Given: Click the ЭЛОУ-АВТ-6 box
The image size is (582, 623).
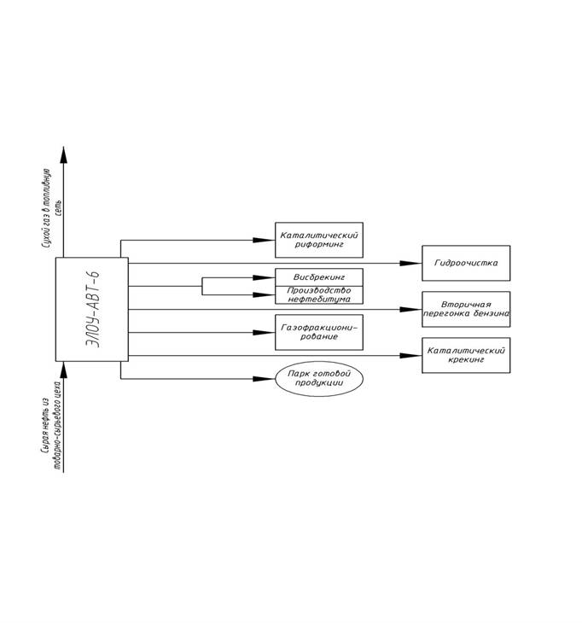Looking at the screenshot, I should pos(91,309).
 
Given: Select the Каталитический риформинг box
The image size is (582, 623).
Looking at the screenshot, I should pos(319,240).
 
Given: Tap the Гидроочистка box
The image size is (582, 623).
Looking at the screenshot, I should pos(465,263).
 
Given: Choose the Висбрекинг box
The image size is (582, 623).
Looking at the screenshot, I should pos(319,277).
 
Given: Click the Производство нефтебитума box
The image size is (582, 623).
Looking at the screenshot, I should pos(319,294).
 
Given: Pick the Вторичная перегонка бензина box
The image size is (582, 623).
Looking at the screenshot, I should pos(465,309).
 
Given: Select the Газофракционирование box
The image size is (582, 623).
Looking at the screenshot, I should pos(319,332).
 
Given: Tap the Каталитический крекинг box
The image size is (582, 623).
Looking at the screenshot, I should pos(465,355).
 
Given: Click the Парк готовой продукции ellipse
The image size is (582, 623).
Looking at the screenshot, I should pos(319,379).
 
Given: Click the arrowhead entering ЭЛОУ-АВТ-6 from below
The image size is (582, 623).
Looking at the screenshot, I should pos(62,368).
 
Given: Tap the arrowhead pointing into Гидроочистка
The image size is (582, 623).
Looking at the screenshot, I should pos(416,263).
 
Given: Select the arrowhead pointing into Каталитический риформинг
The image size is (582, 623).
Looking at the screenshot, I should pos(270,240).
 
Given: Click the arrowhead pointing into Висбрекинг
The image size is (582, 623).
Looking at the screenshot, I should pos(270,277).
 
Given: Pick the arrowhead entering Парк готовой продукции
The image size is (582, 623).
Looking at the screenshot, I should pos(270,379).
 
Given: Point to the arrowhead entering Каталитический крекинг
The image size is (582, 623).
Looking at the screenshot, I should pos(416,355).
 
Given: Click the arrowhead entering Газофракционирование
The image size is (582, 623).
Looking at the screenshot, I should pos(270,332).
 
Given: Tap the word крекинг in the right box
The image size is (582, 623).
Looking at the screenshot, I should pos(465,361).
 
